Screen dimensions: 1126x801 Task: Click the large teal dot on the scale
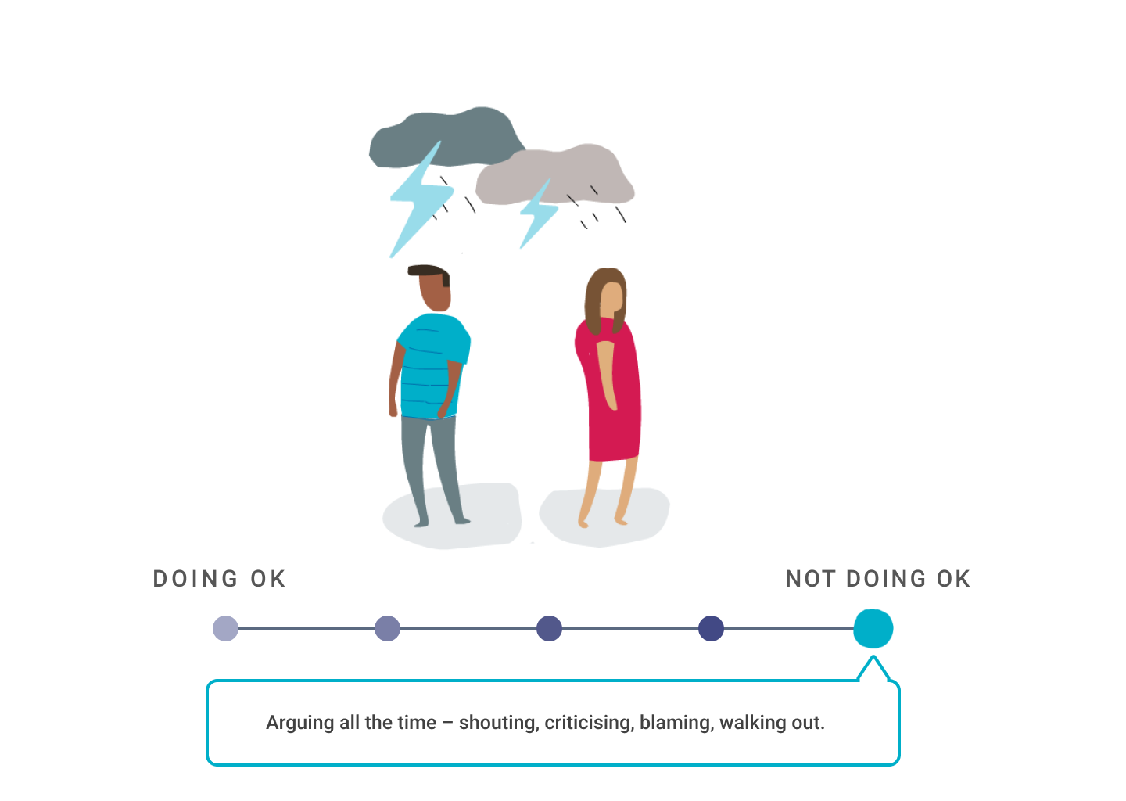click(x=873, y=629)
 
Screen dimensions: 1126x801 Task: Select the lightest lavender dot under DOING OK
click(x=225, y=629)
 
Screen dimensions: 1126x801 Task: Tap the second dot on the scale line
click(x=387, y=629)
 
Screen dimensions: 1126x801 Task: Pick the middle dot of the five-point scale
click(x=549, y=629)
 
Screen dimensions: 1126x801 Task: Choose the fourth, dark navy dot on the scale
click(x=711, y=629)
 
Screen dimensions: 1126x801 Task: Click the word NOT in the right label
click(x=810, y=579)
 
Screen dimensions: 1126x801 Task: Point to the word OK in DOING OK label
click(x=268, y=579)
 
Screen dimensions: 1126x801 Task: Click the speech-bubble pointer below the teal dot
click(x=873, y=670)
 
